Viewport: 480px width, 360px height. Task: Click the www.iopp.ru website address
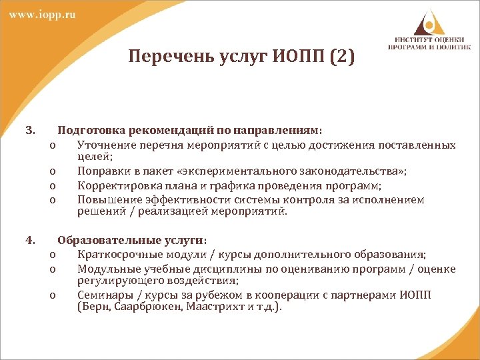42,15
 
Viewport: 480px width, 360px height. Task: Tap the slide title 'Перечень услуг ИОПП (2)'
242,57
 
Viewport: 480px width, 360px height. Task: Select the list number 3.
29,131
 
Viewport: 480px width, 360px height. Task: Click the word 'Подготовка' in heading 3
87,131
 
